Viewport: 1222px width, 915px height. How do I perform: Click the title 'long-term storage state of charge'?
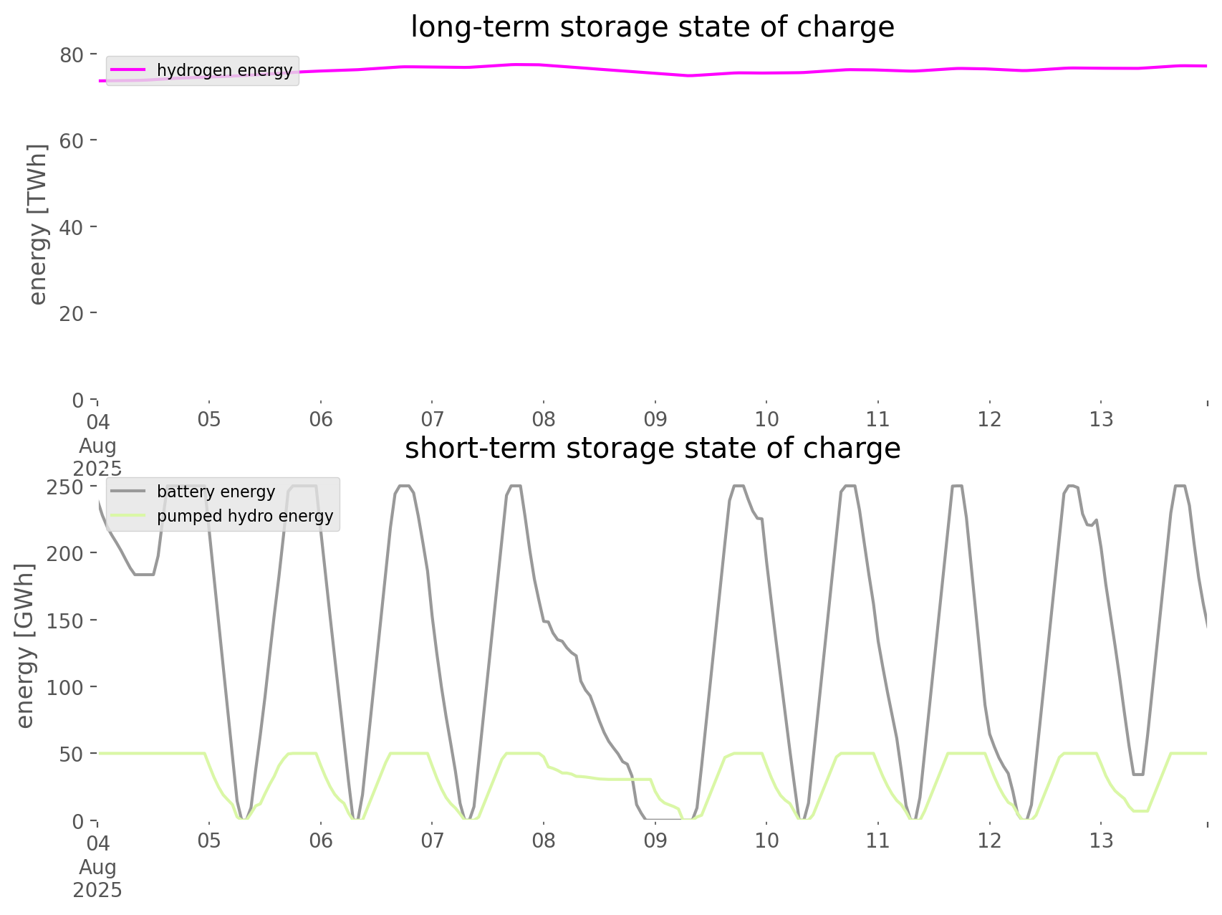652,27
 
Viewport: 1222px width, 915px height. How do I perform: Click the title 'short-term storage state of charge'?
652,449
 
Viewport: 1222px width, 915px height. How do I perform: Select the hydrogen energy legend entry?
224,70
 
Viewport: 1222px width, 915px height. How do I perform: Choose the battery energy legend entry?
216,492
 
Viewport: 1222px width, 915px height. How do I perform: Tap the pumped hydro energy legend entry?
245,516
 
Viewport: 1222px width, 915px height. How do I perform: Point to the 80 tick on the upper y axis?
72,54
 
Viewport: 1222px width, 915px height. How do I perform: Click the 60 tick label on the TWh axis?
72,140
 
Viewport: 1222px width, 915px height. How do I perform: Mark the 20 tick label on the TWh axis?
72,313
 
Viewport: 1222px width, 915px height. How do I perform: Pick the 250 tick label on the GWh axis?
66,487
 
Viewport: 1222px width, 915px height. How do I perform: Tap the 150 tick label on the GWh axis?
66,621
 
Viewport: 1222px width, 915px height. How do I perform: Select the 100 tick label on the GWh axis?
66,687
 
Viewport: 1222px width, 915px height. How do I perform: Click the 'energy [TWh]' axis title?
37,224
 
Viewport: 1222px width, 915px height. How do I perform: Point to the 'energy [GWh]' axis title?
25,646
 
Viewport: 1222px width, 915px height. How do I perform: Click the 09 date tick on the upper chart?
655,419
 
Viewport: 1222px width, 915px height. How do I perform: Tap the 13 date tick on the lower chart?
1102,840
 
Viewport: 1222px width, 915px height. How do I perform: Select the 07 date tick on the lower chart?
432,840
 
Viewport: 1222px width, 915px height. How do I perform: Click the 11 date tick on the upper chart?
878,419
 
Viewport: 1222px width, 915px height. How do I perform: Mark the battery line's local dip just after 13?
1138,774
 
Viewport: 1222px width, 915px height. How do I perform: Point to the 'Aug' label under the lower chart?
97,867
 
